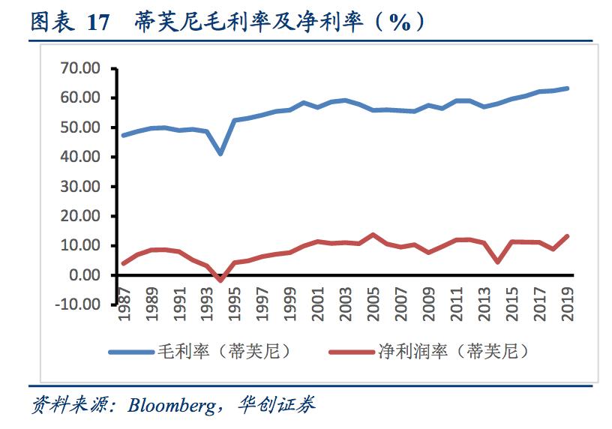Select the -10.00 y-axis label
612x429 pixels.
tap(80, 304)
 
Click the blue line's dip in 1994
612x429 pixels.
tap(220, 154)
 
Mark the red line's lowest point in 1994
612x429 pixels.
tap(220, 280)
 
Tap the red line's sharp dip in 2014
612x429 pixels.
tap(498, 262)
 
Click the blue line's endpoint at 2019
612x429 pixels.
tap(568, 88)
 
